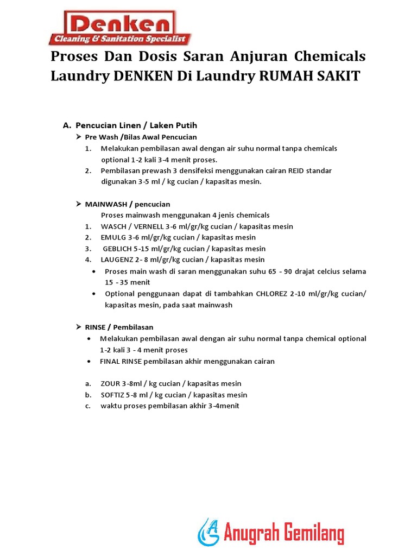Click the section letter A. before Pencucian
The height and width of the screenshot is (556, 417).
pos(67,125)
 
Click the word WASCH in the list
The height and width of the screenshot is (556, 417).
pos(112,226)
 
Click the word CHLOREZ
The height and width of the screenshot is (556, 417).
pos(270,294)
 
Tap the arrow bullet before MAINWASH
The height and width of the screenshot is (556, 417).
pos(78,204)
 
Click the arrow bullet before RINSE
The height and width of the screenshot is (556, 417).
pos(78,327)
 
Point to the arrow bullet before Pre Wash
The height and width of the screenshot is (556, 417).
pos(78,137)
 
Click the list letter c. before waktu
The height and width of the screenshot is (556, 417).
pos(87,406)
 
